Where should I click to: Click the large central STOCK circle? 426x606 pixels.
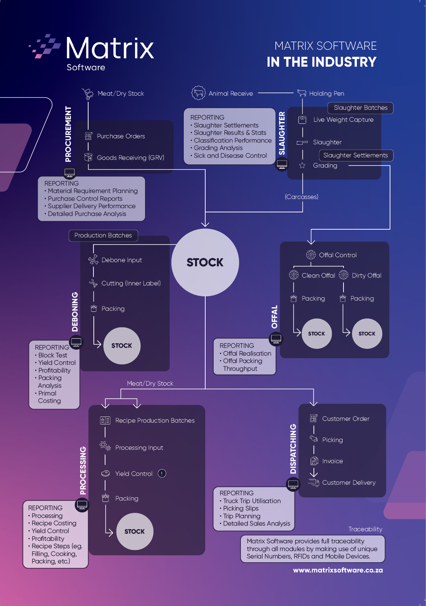click(x=205, y=262)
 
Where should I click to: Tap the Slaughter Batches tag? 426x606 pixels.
click(x=360, y=108)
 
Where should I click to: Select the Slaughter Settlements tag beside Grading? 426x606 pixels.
click(x=355, y=156)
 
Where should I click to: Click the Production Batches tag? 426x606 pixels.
click(x=103, y=236)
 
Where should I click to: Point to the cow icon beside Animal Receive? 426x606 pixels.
click(x=199, y=93)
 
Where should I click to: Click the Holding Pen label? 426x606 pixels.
click(x=327, y=93)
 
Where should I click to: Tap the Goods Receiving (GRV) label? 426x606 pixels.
click(x=130, y=158)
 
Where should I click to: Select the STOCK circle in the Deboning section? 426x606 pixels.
click(x=122, y=346)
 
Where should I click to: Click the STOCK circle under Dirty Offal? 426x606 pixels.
click(x=367, y=334)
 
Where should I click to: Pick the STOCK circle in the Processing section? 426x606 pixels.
click(x=135, y=532)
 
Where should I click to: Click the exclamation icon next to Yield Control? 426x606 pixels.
click(x=162, y=473)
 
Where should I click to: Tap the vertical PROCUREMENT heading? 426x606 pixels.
click(x=68, y=134)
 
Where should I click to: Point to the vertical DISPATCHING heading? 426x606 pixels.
click(x=293, y=449)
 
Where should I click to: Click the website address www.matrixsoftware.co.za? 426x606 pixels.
click(x=338, y=570)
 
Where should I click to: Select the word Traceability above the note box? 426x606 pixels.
click(x=365, y=529)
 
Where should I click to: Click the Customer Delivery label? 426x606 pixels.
click(x=349, y=483)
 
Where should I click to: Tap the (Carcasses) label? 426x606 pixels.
click(x=302, y=197)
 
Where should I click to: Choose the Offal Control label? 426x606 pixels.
click(x=338, y=255)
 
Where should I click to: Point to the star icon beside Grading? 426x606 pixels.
click(x=302, y=165)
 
